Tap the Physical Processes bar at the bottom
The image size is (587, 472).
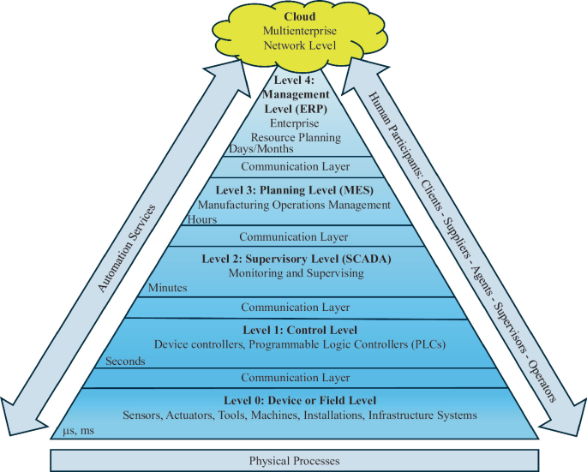pyautogui.click(x=294, y=461)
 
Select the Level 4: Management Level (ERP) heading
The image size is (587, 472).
pyautogui.click(x=294, y=93)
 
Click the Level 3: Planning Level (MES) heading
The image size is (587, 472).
pyautogui.click(x=294, y=190)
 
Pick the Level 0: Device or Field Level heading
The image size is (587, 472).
pyautogui.click(x=294, y=400)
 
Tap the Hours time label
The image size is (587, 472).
pyautogui.click(x=201, y=219)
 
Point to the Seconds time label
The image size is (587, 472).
pyautogui.click(x=125, y=361)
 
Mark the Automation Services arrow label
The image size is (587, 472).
pyautogui.click(x=128, y=249)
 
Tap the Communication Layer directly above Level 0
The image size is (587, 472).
pyautogui.click(x=294, y=377)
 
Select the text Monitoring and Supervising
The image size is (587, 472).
pyautogui.click(x=294, y=272)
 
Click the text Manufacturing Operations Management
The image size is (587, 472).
pyautogui.click(x=294, y=205)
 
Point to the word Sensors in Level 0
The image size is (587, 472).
pyautogui.click(x=144, y=415)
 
